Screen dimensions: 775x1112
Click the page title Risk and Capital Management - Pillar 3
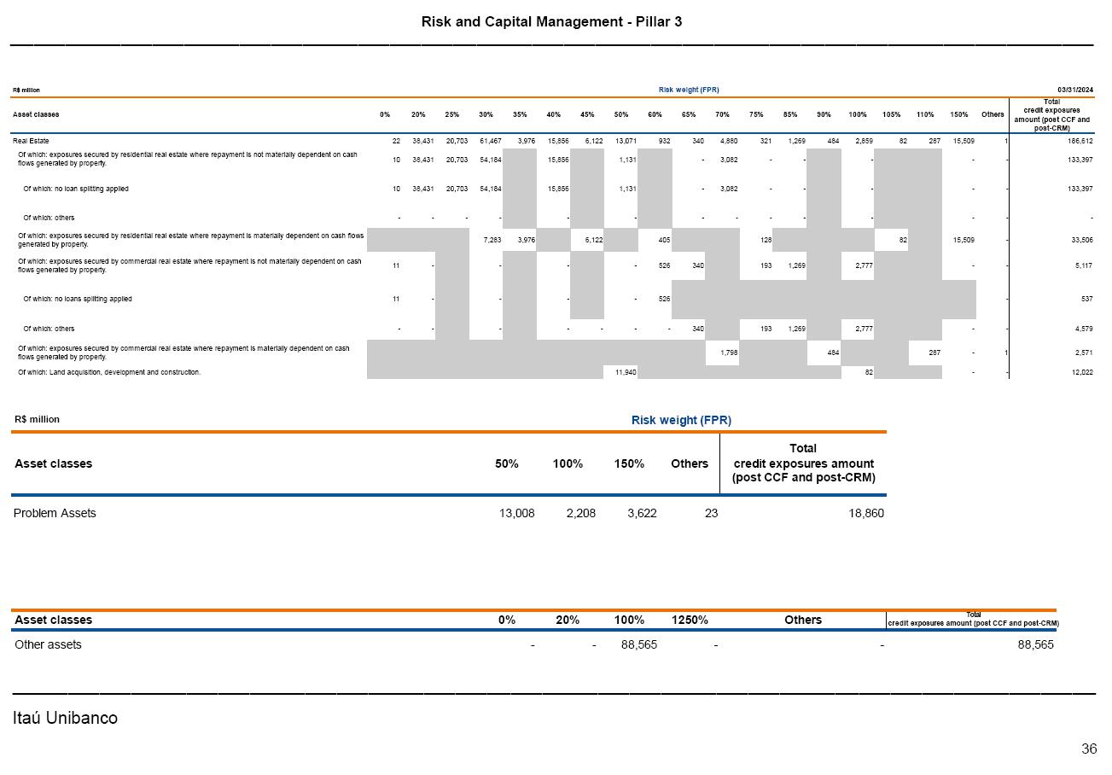coord(551,21)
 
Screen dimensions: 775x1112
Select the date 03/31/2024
coord(1075,90)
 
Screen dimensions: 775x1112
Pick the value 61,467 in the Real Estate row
coord(489,140)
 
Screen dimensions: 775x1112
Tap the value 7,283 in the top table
coord(492,240)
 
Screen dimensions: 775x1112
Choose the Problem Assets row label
coord(55,513)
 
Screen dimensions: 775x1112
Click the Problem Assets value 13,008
coord(516,513)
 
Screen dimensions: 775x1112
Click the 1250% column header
coord(690,620)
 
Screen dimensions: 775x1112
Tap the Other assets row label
coord(48,644)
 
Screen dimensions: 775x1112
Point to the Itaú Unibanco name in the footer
coord(65,718)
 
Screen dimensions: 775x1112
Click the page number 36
coord(1089,749)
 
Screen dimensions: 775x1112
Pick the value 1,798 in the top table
coord(728,353)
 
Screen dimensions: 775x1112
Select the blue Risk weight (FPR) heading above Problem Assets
coord(681,420)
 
